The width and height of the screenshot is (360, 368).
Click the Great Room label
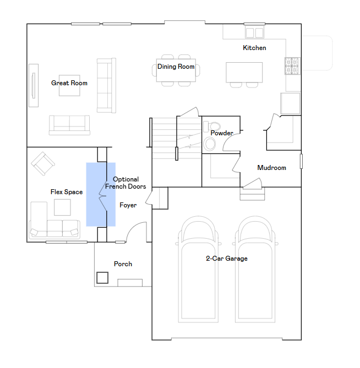(69, 83)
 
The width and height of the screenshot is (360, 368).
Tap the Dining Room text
(176, 67)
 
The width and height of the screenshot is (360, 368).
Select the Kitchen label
(254, 48)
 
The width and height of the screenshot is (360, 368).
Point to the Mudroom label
(272, 168)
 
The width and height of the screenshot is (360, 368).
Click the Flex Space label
(67, 192)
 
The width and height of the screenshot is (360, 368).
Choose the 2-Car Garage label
(227, 259)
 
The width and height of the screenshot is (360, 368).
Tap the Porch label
(123, 264)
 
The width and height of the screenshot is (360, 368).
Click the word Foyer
(128, 205)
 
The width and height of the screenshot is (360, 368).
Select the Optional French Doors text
(126, 183)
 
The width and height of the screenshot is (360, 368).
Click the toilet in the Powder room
(212, 127)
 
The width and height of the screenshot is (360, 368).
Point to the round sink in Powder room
(210, 144)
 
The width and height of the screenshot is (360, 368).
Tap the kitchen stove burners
(293, 66)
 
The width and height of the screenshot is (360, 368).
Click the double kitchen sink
(254, 32)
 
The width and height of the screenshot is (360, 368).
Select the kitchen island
(244, 72)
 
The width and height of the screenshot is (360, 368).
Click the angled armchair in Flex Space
(43, 163)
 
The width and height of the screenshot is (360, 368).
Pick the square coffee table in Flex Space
(62, 207)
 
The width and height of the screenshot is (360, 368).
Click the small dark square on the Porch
(102, 278)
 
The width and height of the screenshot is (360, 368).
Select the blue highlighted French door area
(101, 195)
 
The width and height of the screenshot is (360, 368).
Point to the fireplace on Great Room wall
(34, 85)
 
